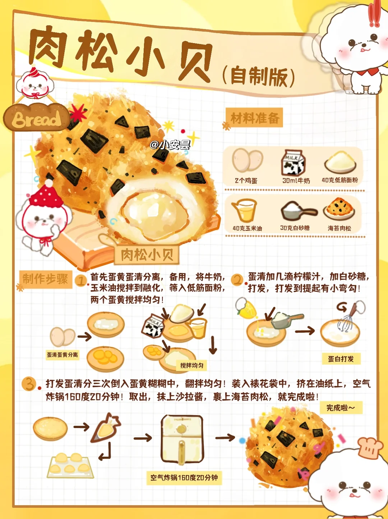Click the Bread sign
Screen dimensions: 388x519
tap(37, 118)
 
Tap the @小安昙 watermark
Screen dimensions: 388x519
tap(170, 145)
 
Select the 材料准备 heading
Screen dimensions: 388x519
tap(255, 118)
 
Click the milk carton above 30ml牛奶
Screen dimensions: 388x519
tap(294, 163)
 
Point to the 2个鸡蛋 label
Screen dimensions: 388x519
tap(246, 181)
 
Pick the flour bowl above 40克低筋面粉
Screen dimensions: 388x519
tap(340, 162)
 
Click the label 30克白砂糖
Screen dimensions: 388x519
tap(295, 228)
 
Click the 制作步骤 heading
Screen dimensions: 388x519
tap(45, 279)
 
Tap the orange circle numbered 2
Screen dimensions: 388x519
tap(237, 281)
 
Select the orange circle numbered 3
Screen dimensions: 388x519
tap(29, 384)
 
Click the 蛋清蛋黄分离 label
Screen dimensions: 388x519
tap(63, 355)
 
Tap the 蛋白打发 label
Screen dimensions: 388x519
tap(341, 359)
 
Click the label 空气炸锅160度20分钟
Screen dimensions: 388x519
tap(184, 478)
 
